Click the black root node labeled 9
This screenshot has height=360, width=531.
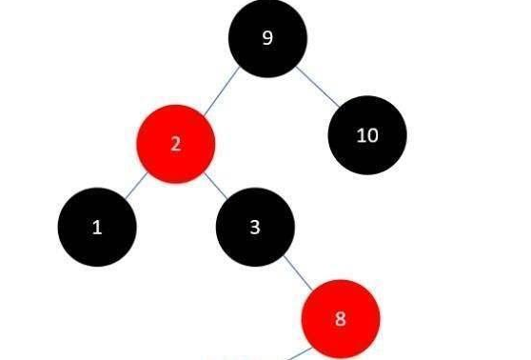(x=267, y=39)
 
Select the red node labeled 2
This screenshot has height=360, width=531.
(x=175, y=145)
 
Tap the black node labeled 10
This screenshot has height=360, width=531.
(x=367, y=135)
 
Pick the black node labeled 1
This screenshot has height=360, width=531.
(x=96, y=228)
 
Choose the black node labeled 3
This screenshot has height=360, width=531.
(x=255, y=227)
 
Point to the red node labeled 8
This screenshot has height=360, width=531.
(x=341, y=318)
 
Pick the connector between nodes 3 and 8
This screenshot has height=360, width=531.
(x=295, y=270)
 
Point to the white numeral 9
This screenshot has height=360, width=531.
(x=267, y=39)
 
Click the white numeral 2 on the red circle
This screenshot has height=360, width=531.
(x=175, y=145)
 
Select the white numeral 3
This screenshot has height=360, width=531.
(x=255, y=227)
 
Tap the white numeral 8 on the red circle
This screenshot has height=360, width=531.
(x=341, y=318)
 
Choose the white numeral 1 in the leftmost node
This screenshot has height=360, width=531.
(x=96, y=228)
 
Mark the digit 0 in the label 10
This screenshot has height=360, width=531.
(x=372, y=135)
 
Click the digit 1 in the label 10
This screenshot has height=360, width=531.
(x=361, y=135)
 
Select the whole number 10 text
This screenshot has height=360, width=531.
(x=367, y=135)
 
